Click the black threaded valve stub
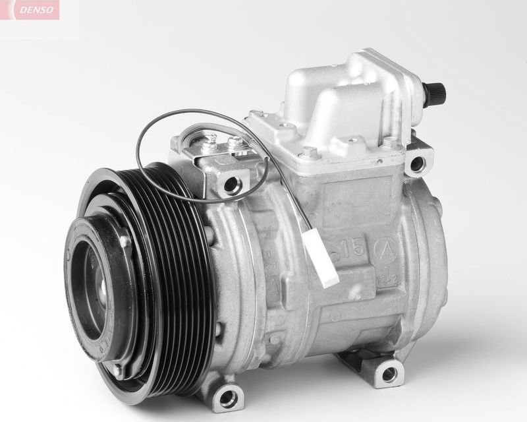coord(435,92)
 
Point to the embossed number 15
coord(350,249)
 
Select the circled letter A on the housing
coord(385,250)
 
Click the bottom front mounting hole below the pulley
coord(229,397)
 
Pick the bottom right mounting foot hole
coord(389,374)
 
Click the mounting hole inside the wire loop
coord(231,184)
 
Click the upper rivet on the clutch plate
coord(123,242)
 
